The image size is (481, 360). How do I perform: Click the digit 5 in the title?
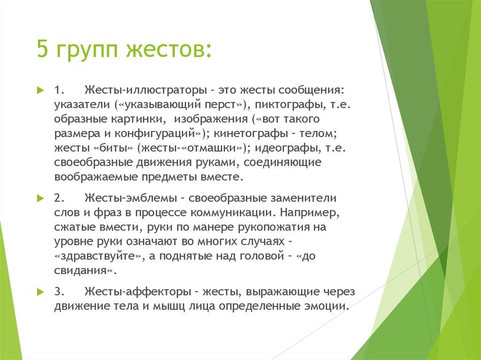(43, 50)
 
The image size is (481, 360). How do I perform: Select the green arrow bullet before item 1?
(40, 90)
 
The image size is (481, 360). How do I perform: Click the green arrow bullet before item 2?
(40, 198)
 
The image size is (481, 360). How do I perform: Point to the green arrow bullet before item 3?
(40, 291)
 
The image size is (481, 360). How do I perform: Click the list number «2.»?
(60, 198)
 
